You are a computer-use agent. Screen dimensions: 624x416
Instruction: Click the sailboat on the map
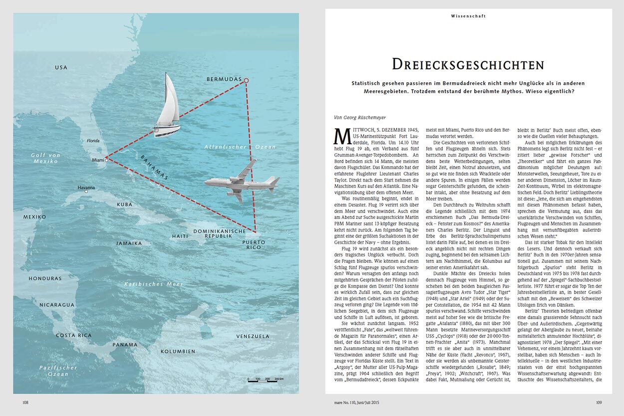169,106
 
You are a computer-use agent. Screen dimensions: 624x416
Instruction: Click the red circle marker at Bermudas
246,80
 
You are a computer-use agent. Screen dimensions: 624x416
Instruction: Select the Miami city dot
107,160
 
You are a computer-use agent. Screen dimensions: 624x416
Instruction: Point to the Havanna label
86,188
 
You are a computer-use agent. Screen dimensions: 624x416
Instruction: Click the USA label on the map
61,67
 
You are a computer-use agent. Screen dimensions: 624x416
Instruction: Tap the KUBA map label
125,205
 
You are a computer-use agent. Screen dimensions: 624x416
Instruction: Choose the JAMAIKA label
129,243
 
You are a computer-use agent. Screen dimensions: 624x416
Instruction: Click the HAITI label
180,236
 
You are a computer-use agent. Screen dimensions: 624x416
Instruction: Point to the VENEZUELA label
253,336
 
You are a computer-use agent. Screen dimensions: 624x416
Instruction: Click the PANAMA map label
125,345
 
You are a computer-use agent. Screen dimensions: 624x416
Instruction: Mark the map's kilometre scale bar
265,381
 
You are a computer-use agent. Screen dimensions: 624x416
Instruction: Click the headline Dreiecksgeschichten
468,64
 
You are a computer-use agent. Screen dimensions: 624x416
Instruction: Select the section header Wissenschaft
468,16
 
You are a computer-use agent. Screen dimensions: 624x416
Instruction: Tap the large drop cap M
340,136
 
